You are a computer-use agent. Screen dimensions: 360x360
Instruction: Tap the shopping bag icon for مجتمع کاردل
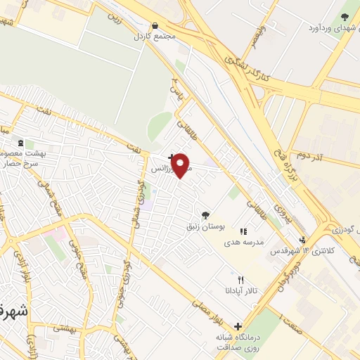click(154, 25)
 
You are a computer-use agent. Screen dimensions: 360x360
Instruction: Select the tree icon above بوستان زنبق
click(205, 215)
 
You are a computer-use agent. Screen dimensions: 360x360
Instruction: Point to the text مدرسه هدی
click(243, 241)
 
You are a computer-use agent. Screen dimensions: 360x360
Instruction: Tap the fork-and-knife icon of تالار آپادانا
click(241, 279)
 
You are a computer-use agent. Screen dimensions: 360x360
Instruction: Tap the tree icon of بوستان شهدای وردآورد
click(345, 17)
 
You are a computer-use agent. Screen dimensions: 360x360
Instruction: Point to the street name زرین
click(126, 20)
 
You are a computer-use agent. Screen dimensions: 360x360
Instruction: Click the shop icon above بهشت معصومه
click(21, 142)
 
